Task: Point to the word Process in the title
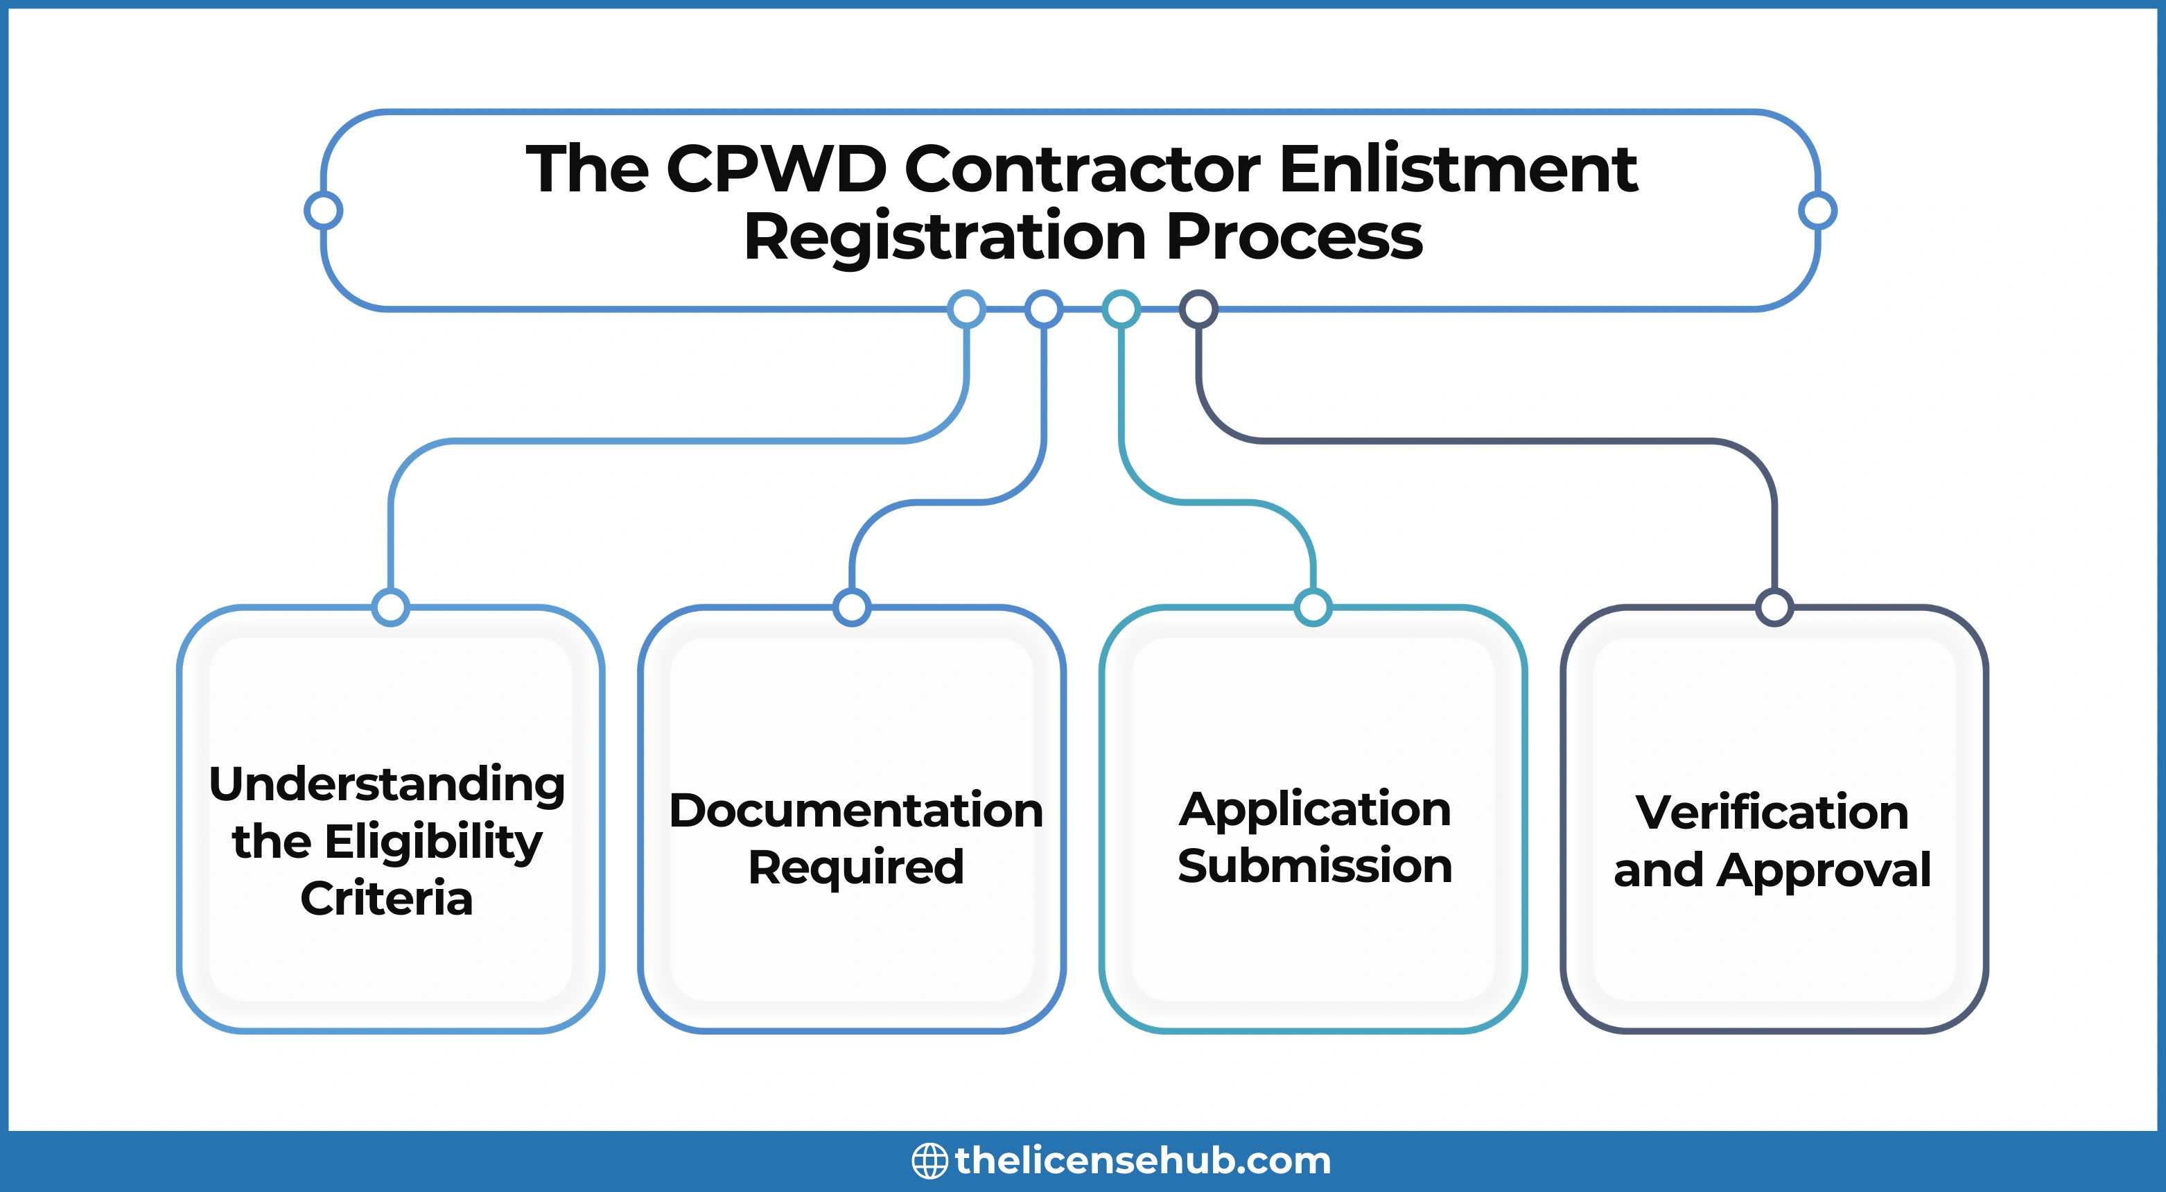click(1294, 237)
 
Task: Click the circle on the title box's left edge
click(323, 210)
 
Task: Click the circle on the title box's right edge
click(1817, 210)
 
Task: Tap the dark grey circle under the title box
click(1198, 309)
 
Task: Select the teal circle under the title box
click(1121, 309)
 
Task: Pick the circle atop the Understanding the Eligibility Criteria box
click(390, 607)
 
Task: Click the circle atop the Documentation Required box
click(852, 607)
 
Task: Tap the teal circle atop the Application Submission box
click(1313, 607)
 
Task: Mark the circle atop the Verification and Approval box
click(1774, 607)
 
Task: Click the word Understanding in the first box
click(387, 785)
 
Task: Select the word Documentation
click(856, 810)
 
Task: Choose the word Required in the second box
click(856, 867)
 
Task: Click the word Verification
click(1772, 813)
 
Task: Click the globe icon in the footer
click(929, 1161)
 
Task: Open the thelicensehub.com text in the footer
click(1143, 1161)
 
